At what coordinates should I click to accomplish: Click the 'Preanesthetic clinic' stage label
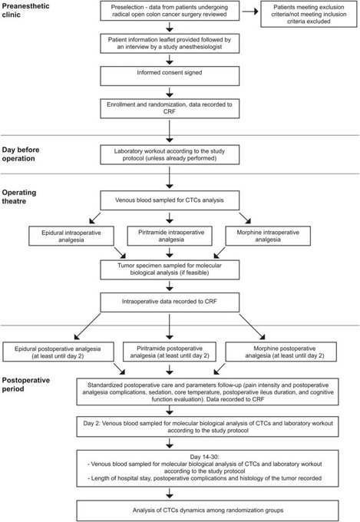coord(25,10)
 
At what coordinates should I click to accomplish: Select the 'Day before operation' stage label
coord(21,154)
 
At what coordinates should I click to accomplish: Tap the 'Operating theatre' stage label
coord(19,197)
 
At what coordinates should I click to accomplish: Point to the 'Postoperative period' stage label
coord(25,385)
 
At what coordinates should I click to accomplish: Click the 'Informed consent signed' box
coord(170,76)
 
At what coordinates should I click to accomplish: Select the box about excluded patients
coord(309,14)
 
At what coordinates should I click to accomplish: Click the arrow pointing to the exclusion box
coord(250,12)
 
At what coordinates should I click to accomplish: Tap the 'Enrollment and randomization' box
coord(170,108)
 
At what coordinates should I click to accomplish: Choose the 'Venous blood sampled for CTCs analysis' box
coord(170,200)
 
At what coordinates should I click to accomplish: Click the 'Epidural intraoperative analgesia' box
coord(71,236)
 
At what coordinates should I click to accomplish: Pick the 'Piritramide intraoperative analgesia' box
coord(170,236)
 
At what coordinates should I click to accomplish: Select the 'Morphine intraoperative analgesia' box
coord(268,236)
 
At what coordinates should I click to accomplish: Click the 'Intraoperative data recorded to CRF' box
coord(170,302)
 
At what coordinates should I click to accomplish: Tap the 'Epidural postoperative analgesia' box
coord(58,352)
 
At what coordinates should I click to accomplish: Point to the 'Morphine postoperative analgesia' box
coord(281,352)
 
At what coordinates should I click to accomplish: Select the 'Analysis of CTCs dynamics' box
coord(207,510)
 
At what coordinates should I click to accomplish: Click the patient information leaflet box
coord(170,43)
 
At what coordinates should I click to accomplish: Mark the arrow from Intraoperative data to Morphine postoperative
coord(252,326)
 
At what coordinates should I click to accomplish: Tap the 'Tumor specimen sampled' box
coord(170,269)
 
